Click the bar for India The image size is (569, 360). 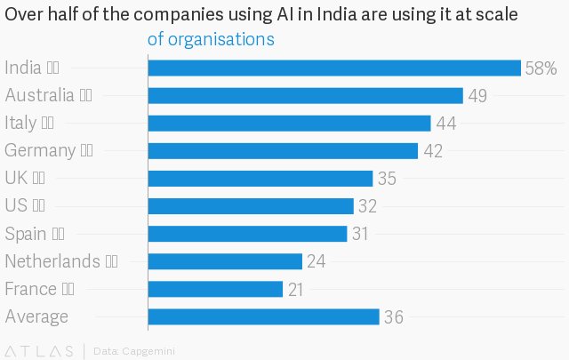333,68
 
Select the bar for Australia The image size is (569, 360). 305,96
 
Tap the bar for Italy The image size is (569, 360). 289,124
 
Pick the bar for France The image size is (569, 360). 215,289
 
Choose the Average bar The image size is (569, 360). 263,316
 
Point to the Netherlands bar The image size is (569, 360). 225,261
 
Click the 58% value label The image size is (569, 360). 541,68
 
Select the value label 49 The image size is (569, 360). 477,96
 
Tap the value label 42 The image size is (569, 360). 433,151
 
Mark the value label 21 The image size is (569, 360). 298,289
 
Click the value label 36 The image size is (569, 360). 395,317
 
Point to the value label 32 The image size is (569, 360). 368,206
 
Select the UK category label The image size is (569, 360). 17,179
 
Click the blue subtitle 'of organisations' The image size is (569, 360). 211,40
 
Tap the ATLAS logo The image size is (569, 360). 40,350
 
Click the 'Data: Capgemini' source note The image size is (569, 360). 134,350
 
